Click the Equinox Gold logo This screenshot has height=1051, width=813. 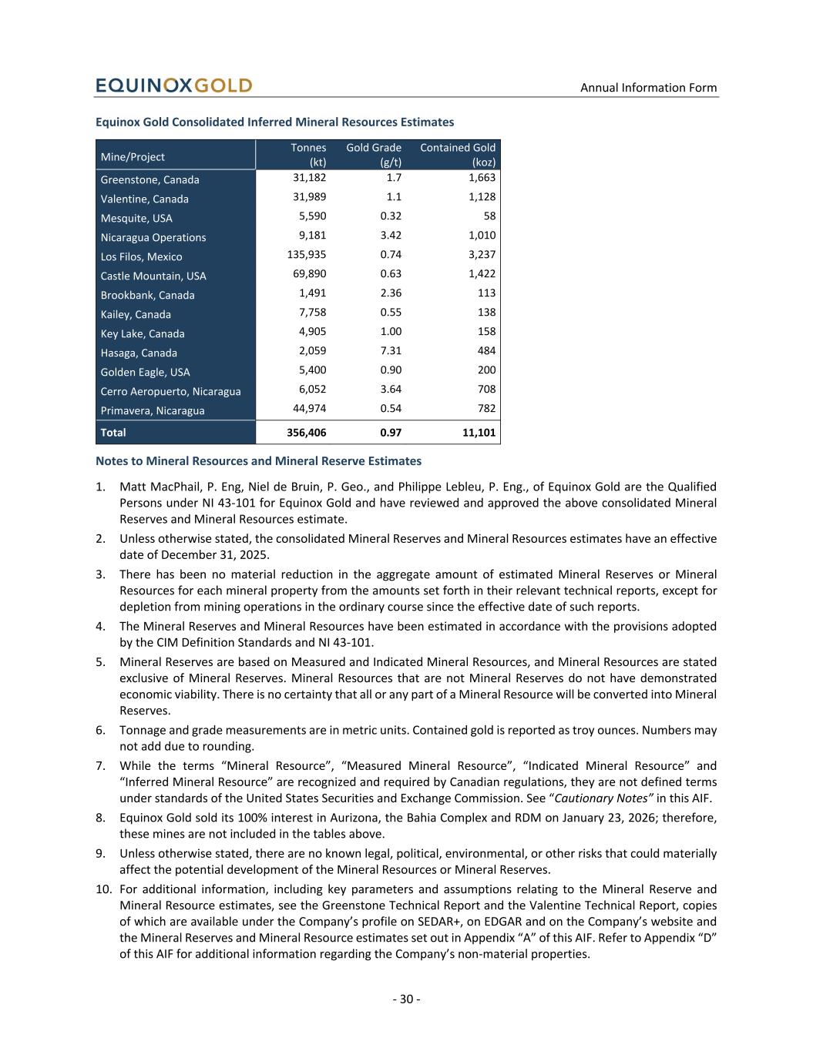pos(173,85)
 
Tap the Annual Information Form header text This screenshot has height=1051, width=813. pos(648,88)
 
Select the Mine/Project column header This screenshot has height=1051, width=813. pos(133,157)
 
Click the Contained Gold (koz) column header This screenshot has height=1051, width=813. pos(458,155)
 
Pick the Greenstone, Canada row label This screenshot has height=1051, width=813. pos(149,180)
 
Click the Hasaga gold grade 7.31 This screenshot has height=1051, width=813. pos(391,351)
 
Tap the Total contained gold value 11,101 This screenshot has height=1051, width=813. pos(479,433)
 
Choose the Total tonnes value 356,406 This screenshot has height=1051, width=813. pos(301,433)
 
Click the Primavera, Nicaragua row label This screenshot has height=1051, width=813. pos(153,411)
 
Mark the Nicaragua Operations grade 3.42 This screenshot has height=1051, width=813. pos(391,236)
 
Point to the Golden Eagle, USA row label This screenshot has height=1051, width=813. pos(145,373)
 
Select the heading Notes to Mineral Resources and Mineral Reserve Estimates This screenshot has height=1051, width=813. pos(258,461)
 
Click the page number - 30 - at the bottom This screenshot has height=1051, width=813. pos(406,999)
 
